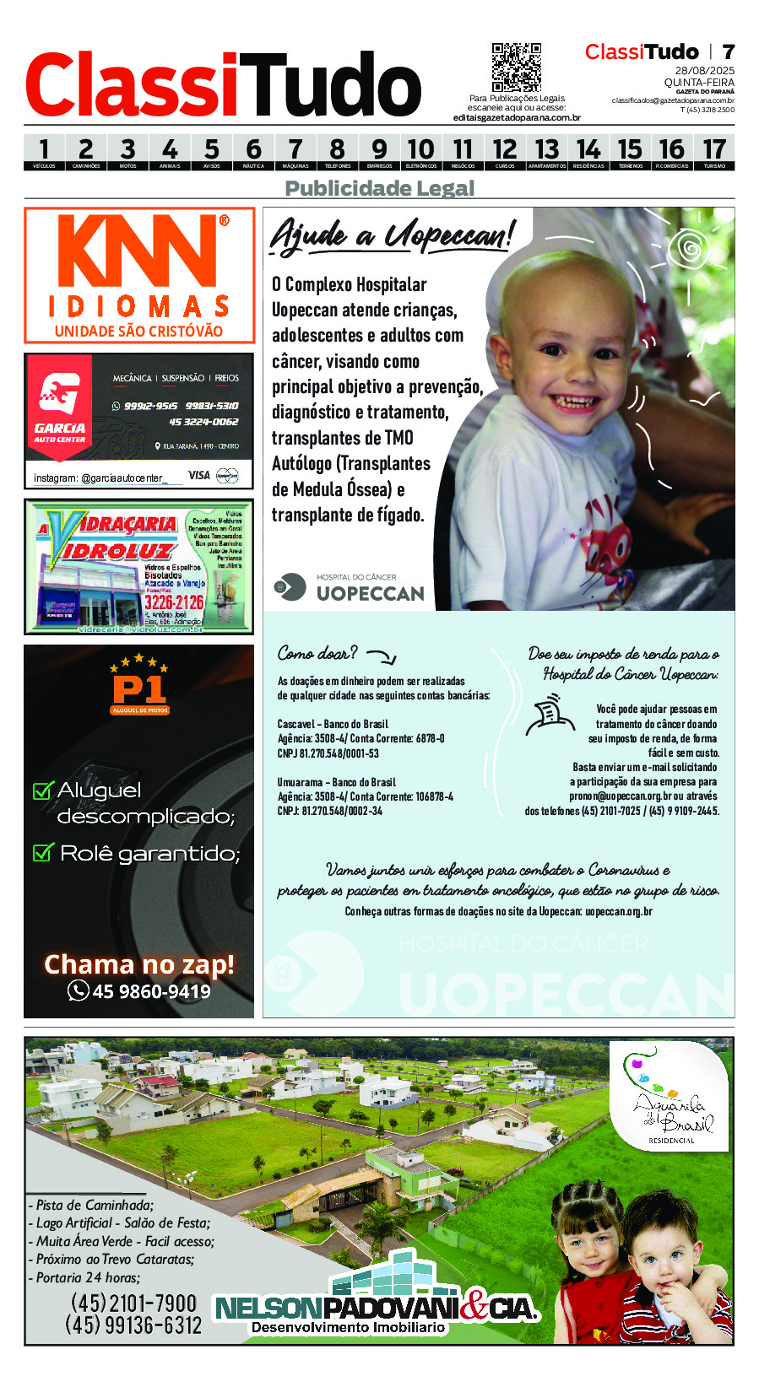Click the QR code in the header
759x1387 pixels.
tap(516, 67)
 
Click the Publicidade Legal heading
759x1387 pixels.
tap(379, 188)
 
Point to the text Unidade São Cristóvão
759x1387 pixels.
tap(138, 332)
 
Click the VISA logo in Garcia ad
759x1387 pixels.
tap(199, 475)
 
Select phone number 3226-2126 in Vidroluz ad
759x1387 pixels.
tap(174, 602)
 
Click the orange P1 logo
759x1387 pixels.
tap(139, 688)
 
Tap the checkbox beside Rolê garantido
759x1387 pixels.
tap(42, 852)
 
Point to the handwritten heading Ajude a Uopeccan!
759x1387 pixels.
tap(392, 235)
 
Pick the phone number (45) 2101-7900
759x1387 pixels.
tap(133, 1303)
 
